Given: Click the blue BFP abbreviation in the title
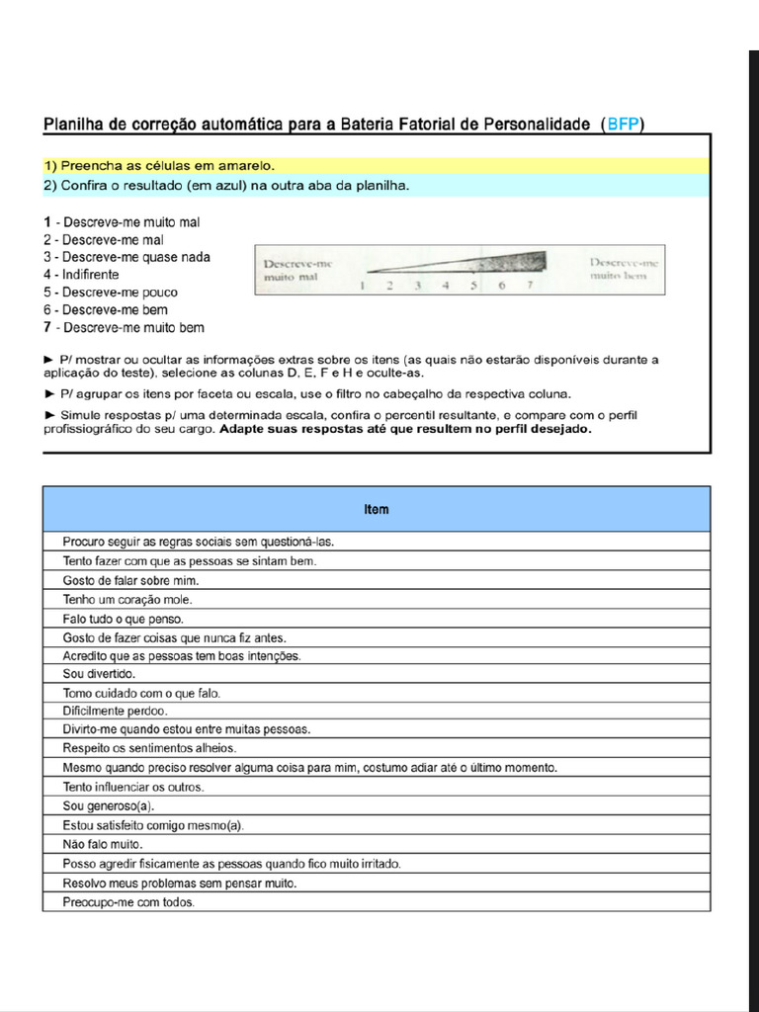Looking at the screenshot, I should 624,124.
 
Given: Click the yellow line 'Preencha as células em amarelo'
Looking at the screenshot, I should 158,165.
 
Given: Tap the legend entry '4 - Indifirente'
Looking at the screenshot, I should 81,275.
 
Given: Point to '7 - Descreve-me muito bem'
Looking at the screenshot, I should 124,328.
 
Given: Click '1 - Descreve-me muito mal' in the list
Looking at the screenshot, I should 122,222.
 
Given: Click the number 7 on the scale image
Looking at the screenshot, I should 530,286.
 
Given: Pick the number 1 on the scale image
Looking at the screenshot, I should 362,286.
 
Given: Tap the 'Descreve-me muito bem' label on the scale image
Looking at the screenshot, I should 624,269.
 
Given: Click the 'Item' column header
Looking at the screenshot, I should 376,509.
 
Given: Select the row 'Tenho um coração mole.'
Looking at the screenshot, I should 127,600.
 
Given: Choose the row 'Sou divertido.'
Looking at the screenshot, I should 99,674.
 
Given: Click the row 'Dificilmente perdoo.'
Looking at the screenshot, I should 115,711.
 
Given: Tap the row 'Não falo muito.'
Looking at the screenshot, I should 103,845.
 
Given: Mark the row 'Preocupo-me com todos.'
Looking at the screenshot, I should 128,902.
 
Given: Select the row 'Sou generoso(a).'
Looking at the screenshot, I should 109,806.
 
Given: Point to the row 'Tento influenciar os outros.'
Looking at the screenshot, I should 133,788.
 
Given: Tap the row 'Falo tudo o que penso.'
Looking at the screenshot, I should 124,619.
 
